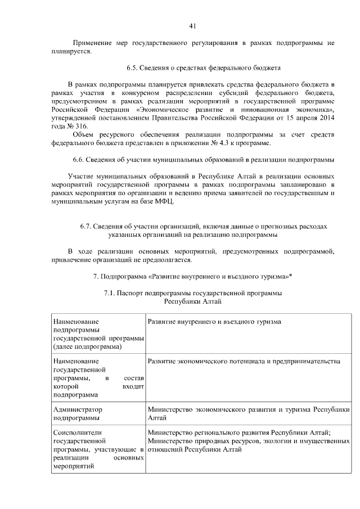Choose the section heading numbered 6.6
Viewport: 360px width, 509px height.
click(x=204, y=160)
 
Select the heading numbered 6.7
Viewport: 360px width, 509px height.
click(x=203, y=226)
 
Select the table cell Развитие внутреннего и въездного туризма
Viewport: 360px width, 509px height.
click(x=214, y=321)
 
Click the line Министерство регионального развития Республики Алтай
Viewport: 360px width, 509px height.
click(x=238, y=433)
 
